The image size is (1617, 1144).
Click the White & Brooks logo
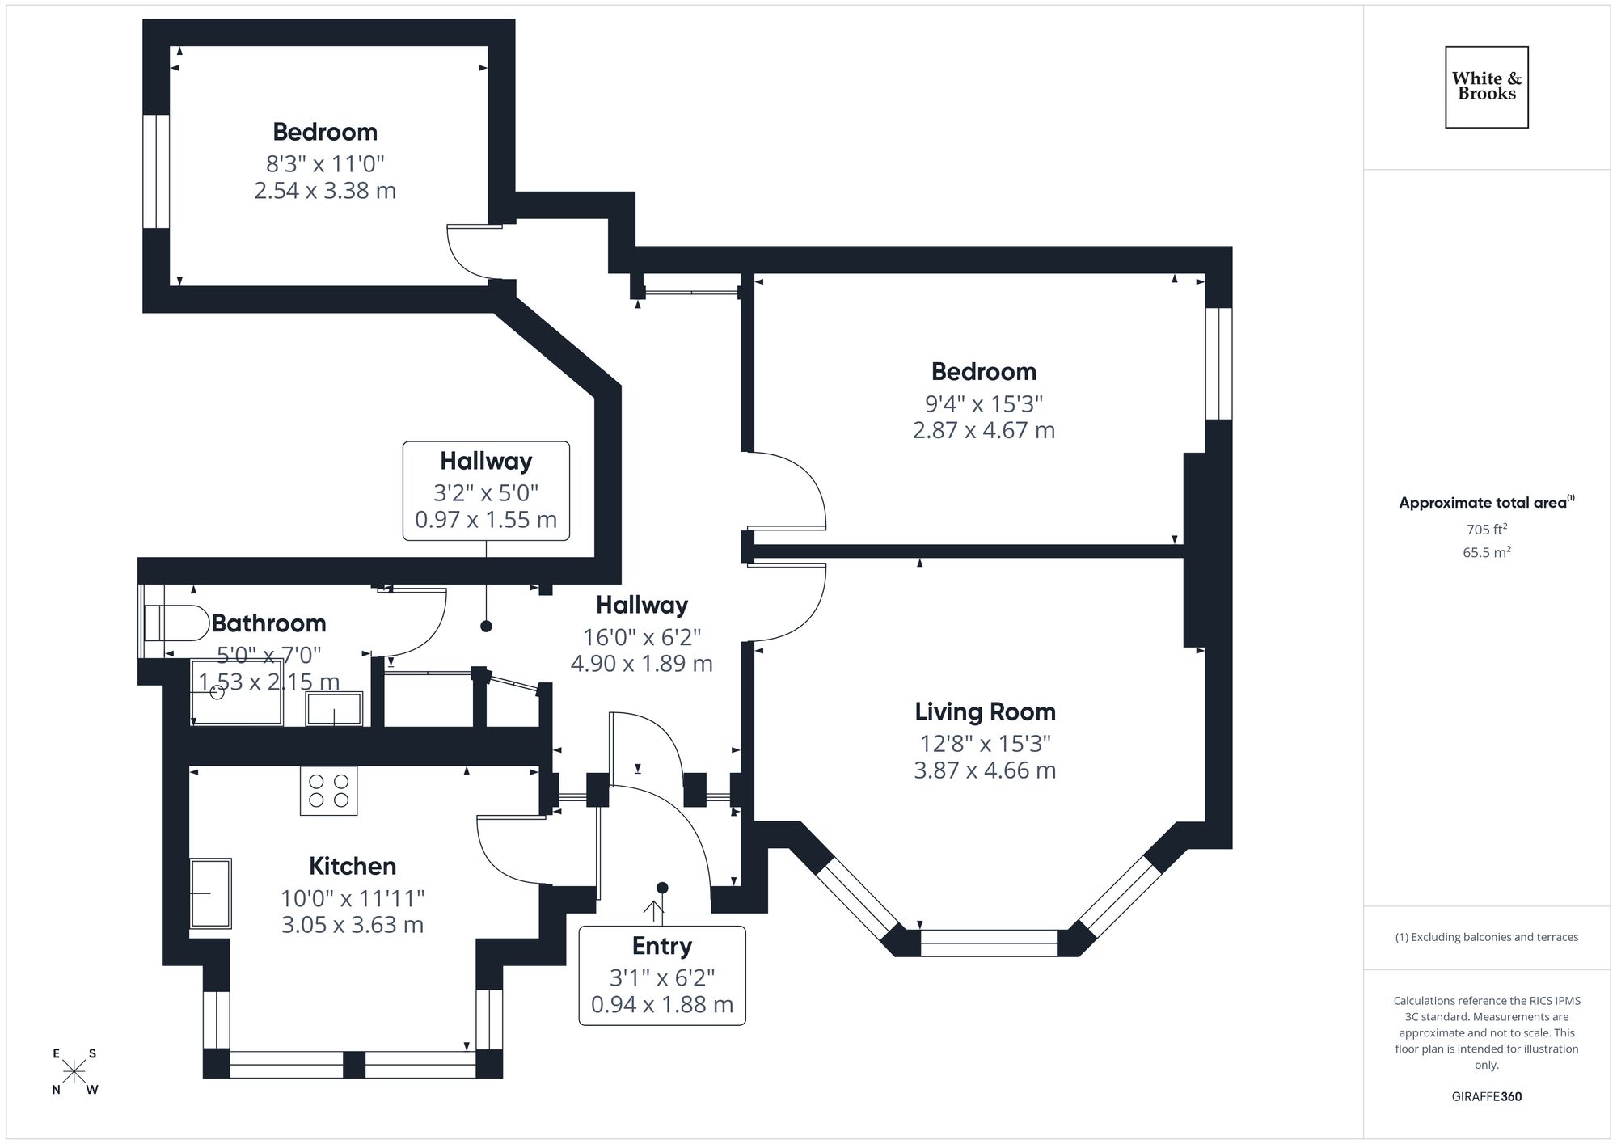tap(1486, 87)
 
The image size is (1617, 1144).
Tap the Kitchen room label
tap(353, 866)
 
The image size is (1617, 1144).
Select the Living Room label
tap(985, 711)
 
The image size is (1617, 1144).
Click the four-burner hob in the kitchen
tap(329, 791)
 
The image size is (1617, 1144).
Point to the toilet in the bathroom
tap(176, 623)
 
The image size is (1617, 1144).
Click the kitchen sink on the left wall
tap(210, 893)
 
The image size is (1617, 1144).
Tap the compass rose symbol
tap(74, 1072)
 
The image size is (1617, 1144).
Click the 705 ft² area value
tap(1486, 530)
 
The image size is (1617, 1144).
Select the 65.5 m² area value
tap(1486, 553)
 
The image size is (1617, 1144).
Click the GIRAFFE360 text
tap(1486, 1096)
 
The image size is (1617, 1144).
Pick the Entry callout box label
tap(661, 946)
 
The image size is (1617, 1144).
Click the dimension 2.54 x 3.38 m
tap(325, 191)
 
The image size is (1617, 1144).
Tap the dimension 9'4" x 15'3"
tap(984, 403)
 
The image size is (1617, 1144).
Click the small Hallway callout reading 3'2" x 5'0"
tap(486, 491)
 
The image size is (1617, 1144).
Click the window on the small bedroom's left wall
tap(156, 171)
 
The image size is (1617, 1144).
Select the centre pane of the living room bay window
tap(988, 943)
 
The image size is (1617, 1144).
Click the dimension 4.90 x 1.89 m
tap(641, 664)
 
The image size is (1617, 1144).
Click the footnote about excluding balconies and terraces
tap(1486, 937)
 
